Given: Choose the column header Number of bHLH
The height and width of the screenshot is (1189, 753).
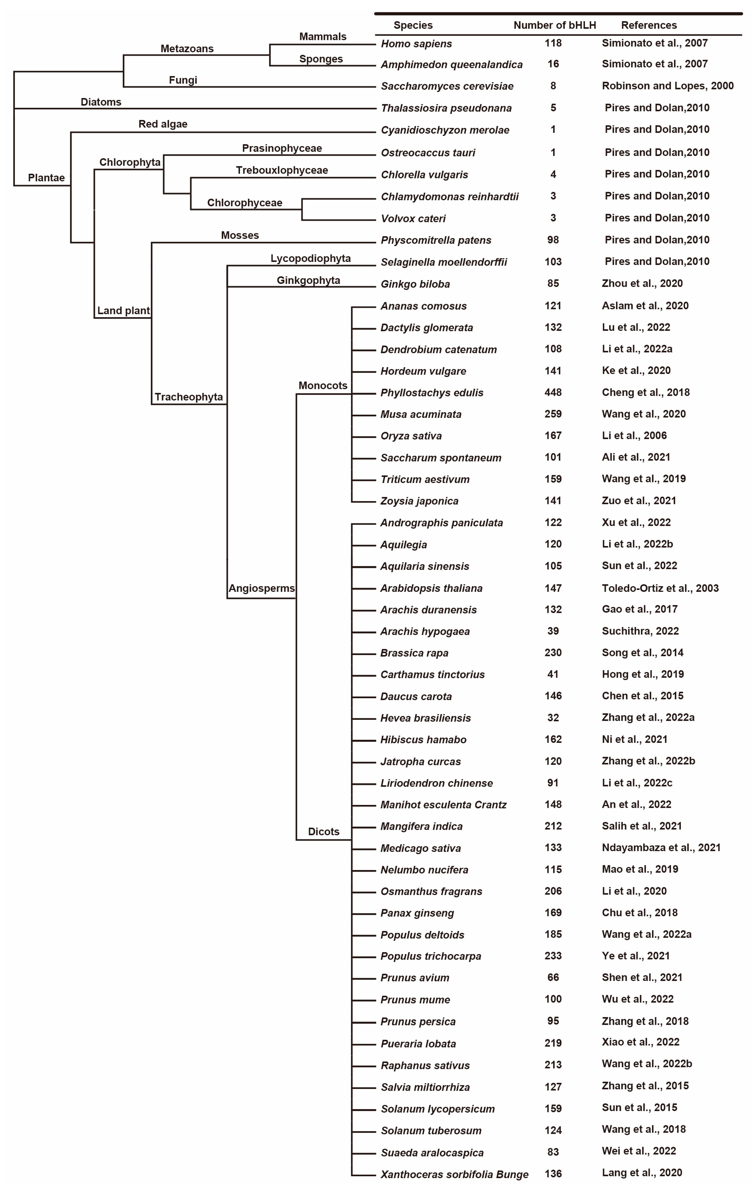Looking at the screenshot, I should [554, 25].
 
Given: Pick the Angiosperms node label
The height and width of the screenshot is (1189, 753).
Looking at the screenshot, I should [261, 588].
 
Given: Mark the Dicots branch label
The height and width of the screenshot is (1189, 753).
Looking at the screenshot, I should [324, 831].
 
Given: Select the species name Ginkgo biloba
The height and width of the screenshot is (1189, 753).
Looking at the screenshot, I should [415, 284].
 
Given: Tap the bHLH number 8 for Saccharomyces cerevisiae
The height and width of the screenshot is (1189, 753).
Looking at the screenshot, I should [553, 86].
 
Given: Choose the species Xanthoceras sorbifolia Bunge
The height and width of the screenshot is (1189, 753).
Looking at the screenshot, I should [454, 1174].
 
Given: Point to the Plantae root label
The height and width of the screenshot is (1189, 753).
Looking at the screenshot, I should [46, 178].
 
